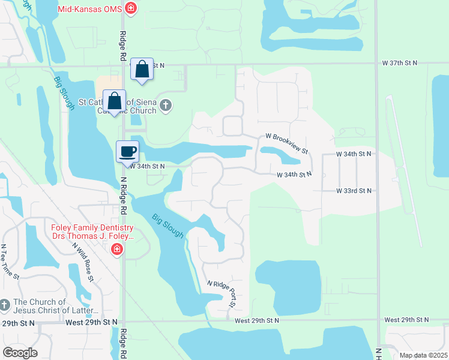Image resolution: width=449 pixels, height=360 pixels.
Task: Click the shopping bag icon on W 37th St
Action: click(x=142, y=69)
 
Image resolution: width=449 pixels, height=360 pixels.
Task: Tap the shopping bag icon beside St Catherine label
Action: click(x=113, y=100)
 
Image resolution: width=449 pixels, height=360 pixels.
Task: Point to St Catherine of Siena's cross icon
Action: click(x=166, y=106)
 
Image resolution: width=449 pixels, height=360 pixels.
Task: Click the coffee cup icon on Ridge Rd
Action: click(x=127, y=151)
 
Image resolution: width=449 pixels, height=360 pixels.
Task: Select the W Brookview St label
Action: click(x=284, y=142)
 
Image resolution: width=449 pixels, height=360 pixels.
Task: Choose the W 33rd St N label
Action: click(x=354, y=191)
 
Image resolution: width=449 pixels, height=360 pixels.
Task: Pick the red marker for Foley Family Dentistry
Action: click(x=117, y=249)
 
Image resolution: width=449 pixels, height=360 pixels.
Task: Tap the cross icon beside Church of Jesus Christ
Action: click(x=5, y=305)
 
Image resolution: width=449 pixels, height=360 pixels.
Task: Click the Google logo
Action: click(x=20, y=352)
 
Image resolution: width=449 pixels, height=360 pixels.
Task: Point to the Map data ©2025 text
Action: click(x=423, y=355)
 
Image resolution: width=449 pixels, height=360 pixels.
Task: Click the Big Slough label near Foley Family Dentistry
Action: click(x=167, y=226)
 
